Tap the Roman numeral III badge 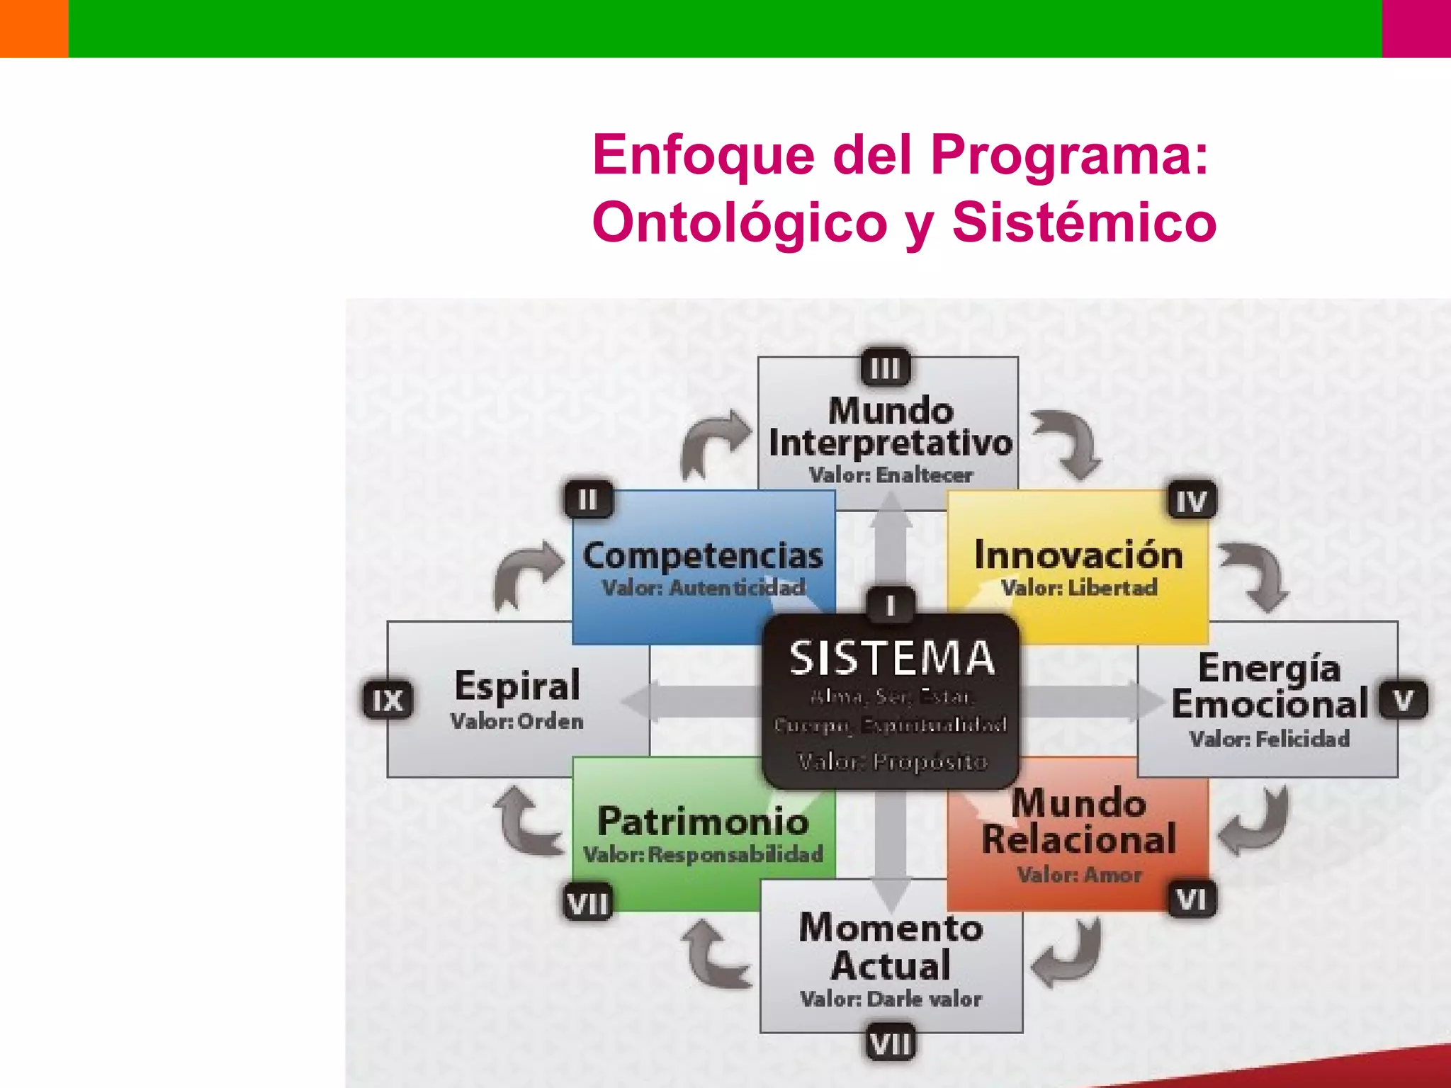coord(885,368)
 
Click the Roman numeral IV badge coord(1191,501)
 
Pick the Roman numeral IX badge coord(388,701)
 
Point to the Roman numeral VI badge coord(1191,900)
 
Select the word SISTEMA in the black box coord(892,658)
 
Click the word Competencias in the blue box coord(703,556)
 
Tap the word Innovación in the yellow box coord(1078,555)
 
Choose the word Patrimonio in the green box coord(703,821)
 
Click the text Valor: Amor coord(1079,875)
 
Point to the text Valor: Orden coord(517,721)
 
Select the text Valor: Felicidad coord(1269,739)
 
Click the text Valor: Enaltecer coord(891,475)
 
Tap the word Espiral coord(517,685)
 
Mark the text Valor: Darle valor coord(891,999)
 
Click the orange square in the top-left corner coord(34,28)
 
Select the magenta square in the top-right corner coord(1416,28)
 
